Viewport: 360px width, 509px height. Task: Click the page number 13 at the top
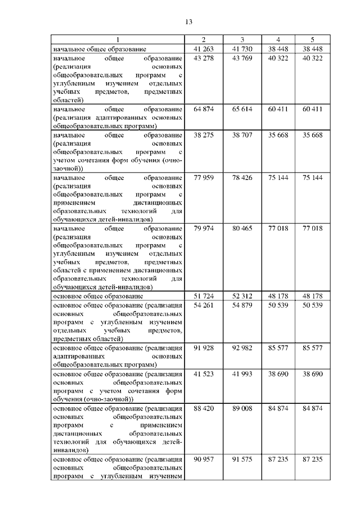pyautogui.click(x=188, y=22)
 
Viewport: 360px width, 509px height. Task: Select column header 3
pyautogui.click(x=242, y=39)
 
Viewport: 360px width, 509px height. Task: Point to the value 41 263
pyautogui.click(x=204, y=48)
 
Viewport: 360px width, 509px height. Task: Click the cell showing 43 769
pyautogui.click(x=242, y=58)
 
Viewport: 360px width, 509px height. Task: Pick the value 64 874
pyautogui.click(x=204, y=108)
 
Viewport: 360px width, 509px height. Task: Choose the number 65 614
pyautogui.click(x=242, y=108)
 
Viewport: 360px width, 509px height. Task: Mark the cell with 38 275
pyautogui.click(x=204, y=136)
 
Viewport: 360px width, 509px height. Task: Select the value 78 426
pyautogui.click(x=242, y=177)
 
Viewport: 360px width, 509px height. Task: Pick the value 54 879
pyautogui.click(x=242, y=305)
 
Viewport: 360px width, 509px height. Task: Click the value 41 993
pyautogui.click(x=242, y=373)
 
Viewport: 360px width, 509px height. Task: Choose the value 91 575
pyautogui.click(x=242, y=460)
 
